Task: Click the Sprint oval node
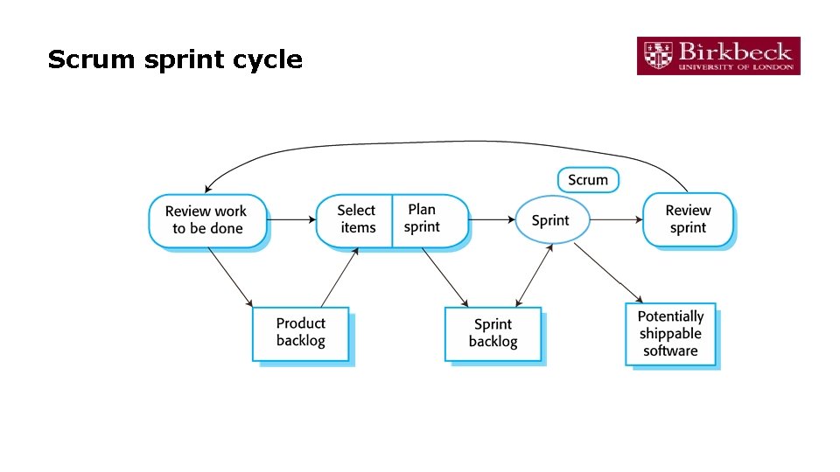click(550, 220)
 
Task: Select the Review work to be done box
click(206, 220)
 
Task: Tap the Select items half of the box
click(355, 219)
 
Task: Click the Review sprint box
click(688, 219)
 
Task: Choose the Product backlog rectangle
click(300, 333)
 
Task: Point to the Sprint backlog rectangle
click(493, 333)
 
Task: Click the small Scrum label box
click(588, 180)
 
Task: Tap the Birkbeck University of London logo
click(718, 55)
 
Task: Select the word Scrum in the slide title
click(80, 60)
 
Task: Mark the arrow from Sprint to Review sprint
click(616, 220)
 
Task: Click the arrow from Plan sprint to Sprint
click(491, 220)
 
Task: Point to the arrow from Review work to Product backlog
click(230, 277)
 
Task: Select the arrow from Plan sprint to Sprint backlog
click(444, 277)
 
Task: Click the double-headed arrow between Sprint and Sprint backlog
click(534, 274)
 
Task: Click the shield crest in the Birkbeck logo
click(659, 55)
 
